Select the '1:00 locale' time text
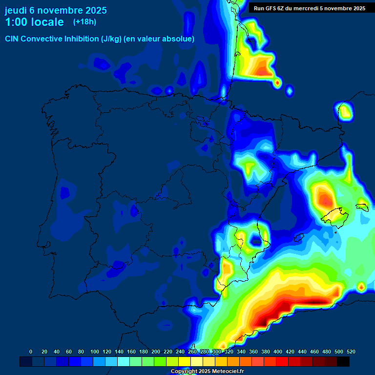(34, 22)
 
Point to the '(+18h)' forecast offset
(84, 22)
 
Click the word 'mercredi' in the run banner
(318, 8)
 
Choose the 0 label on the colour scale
(31, 352)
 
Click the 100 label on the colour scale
(94, 352)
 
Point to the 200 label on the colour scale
(156, 352)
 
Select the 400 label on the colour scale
(278, 352)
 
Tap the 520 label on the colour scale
(351, 352)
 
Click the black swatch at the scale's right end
(343, 361)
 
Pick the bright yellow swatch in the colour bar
(185, 361)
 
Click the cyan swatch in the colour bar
(124, 361)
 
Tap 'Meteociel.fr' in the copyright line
(228, 372)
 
